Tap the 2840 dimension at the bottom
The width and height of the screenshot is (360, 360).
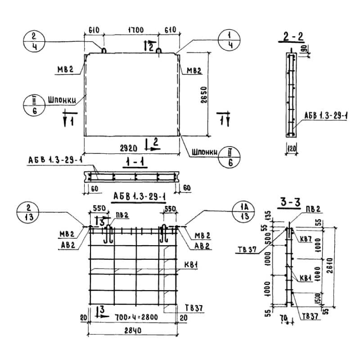point(133,331)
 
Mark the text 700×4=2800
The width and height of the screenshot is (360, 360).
point(133,318)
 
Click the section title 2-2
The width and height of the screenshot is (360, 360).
point(292,38)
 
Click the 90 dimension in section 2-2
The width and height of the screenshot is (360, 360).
point(306,48)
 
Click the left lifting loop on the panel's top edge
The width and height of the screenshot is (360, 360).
point(103,50)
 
